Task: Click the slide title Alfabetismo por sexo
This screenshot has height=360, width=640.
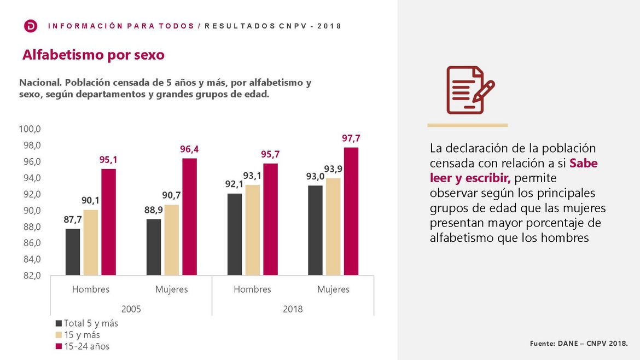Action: (93, 55)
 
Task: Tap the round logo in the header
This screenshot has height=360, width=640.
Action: (31, 26)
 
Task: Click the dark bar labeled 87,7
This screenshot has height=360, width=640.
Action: (73, 252)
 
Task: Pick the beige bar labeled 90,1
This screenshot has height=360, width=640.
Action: (91, 242)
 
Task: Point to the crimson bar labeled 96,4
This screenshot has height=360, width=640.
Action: (189, 217)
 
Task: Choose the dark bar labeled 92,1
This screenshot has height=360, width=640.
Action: (234, 234)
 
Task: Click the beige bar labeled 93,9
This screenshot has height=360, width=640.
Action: (333, 227)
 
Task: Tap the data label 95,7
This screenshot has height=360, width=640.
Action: (270, 155)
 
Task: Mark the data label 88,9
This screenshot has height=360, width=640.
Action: (153, 210)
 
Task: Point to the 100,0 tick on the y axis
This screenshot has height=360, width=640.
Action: (30, 130)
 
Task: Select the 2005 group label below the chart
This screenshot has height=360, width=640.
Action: (131, 309)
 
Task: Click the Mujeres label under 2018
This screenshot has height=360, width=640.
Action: (333, 289)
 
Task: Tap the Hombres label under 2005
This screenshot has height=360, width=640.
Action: (91, 289)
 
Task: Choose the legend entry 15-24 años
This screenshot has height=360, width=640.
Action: (86, 346)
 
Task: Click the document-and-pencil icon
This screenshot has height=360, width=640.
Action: (469, 90)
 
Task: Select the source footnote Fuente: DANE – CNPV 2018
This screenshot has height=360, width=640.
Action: (579, 344)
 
